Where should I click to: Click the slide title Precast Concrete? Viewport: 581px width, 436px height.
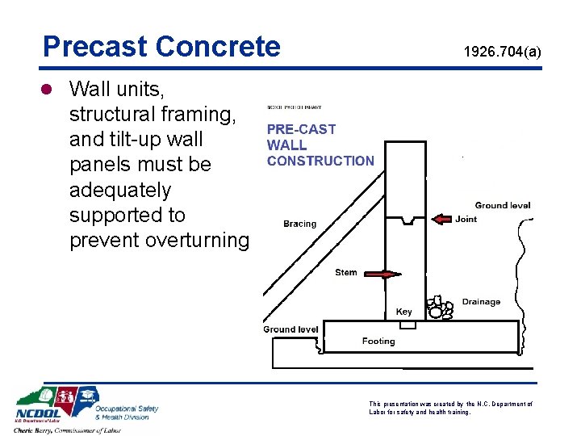click(x=161, y=46)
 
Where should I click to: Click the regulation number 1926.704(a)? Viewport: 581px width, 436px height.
click(x=502, y=52)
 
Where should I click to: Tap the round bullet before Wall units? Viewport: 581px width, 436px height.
click(x=49, y=88)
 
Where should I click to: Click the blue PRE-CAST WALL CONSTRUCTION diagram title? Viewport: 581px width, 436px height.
click(x=320, y=145)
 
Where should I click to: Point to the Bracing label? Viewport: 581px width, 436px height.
click(x=300, y=224)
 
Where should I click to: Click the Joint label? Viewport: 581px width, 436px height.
click(x=466, y=219)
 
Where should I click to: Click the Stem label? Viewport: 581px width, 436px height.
click(x=346, y=272)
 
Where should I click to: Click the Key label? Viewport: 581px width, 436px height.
click(x=403, y=312)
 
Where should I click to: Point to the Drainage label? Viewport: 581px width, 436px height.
click(x=481, y=302)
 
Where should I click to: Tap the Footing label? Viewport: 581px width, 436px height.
click(x=378, y=342)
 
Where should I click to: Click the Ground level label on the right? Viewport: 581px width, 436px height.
click(x=502, y=205)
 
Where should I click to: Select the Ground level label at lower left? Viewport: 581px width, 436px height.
click(x=290, y=329)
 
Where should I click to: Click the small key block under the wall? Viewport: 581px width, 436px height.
click(x=408, y=325)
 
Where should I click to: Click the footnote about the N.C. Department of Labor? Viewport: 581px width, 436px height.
click(x=450, y=408)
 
